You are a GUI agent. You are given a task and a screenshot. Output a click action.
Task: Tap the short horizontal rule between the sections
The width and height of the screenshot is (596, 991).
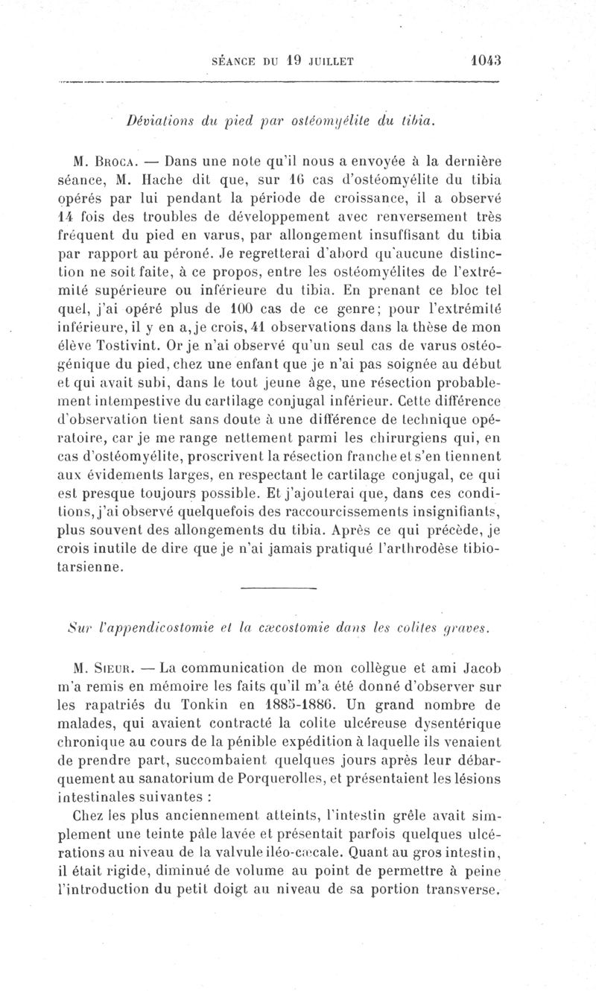(279, 589)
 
